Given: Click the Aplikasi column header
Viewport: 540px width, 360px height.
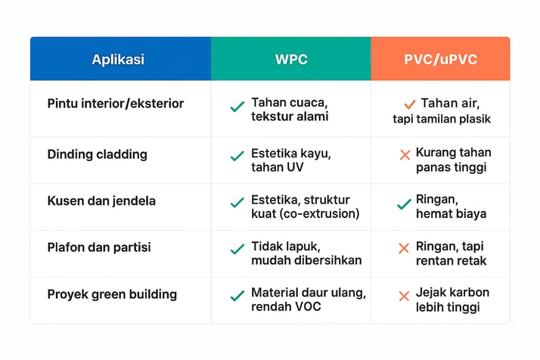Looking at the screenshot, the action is coord(118,59).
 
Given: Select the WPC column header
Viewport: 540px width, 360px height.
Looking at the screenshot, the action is coord(291,59).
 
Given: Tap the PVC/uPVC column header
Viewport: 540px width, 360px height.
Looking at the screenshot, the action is coord(440,59).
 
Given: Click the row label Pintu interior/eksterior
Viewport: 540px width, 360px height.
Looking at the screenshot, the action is coord(116,104).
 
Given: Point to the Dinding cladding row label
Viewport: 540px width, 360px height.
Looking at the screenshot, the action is coord(97,154).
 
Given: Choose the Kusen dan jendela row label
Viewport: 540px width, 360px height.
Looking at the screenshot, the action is coord(101,201).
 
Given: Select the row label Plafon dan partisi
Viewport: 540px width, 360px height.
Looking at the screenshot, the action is coord(99,247).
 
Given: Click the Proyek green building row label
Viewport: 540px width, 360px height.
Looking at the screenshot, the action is coord(112,294).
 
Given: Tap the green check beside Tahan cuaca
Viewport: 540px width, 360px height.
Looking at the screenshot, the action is coord(237,107).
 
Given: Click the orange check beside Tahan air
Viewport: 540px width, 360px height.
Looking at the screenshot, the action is coord(409,104).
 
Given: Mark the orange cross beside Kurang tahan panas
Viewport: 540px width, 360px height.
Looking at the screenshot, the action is coord(405,155).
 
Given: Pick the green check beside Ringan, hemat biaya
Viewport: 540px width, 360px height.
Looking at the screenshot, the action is coord(404,204).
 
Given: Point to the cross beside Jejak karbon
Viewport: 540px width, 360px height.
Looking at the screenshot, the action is coord(404,296).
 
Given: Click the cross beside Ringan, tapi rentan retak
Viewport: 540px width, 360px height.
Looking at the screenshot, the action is coord(404,248).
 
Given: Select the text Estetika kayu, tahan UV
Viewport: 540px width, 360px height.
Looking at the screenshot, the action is coord(291,160).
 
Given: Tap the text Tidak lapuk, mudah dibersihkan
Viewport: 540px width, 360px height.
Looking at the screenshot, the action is coord(306,253).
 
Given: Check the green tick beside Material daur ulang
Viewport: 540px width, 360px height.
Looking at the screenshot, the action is coord(237,296).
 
